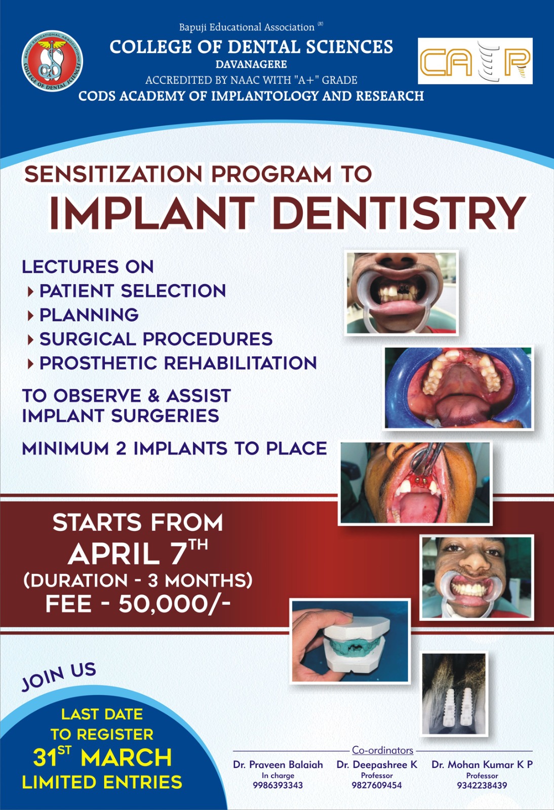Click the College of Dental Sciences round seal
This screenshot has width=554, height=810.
(x=52, y=60)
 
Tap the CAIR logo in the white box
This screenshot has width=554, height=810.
(x=475, y=61)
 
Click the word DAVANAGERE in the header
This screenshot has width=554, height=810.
(x=251, y=64)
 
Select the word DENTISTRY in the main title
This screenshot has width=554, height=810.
(x=399, y=213)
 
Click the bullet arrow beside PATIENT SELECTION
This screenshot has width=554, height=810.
(x=31, y=292)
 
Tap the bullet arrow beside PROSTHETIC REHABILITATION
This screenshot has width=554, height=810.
(x=31, y=364)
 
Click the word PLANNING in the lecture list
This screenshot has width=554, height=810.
(x=89, y=314)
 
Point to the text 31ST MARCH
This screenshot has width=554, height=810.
(x=102, y=757)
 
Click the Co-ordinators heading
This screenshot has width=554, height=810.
(x=383, y=750)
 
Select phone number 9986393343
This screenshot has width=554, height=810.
(x=278, y=785)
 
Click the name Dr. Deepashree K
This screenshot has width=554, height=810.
(x=377, y=764)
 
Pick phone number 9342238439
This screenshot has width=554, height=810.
(x=482, y=785)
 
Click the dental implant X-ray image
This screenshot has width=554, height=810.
(x=455, y=694)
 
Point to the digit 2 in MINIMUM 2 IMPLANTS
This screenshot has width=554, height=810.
(x=121, y=449)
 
